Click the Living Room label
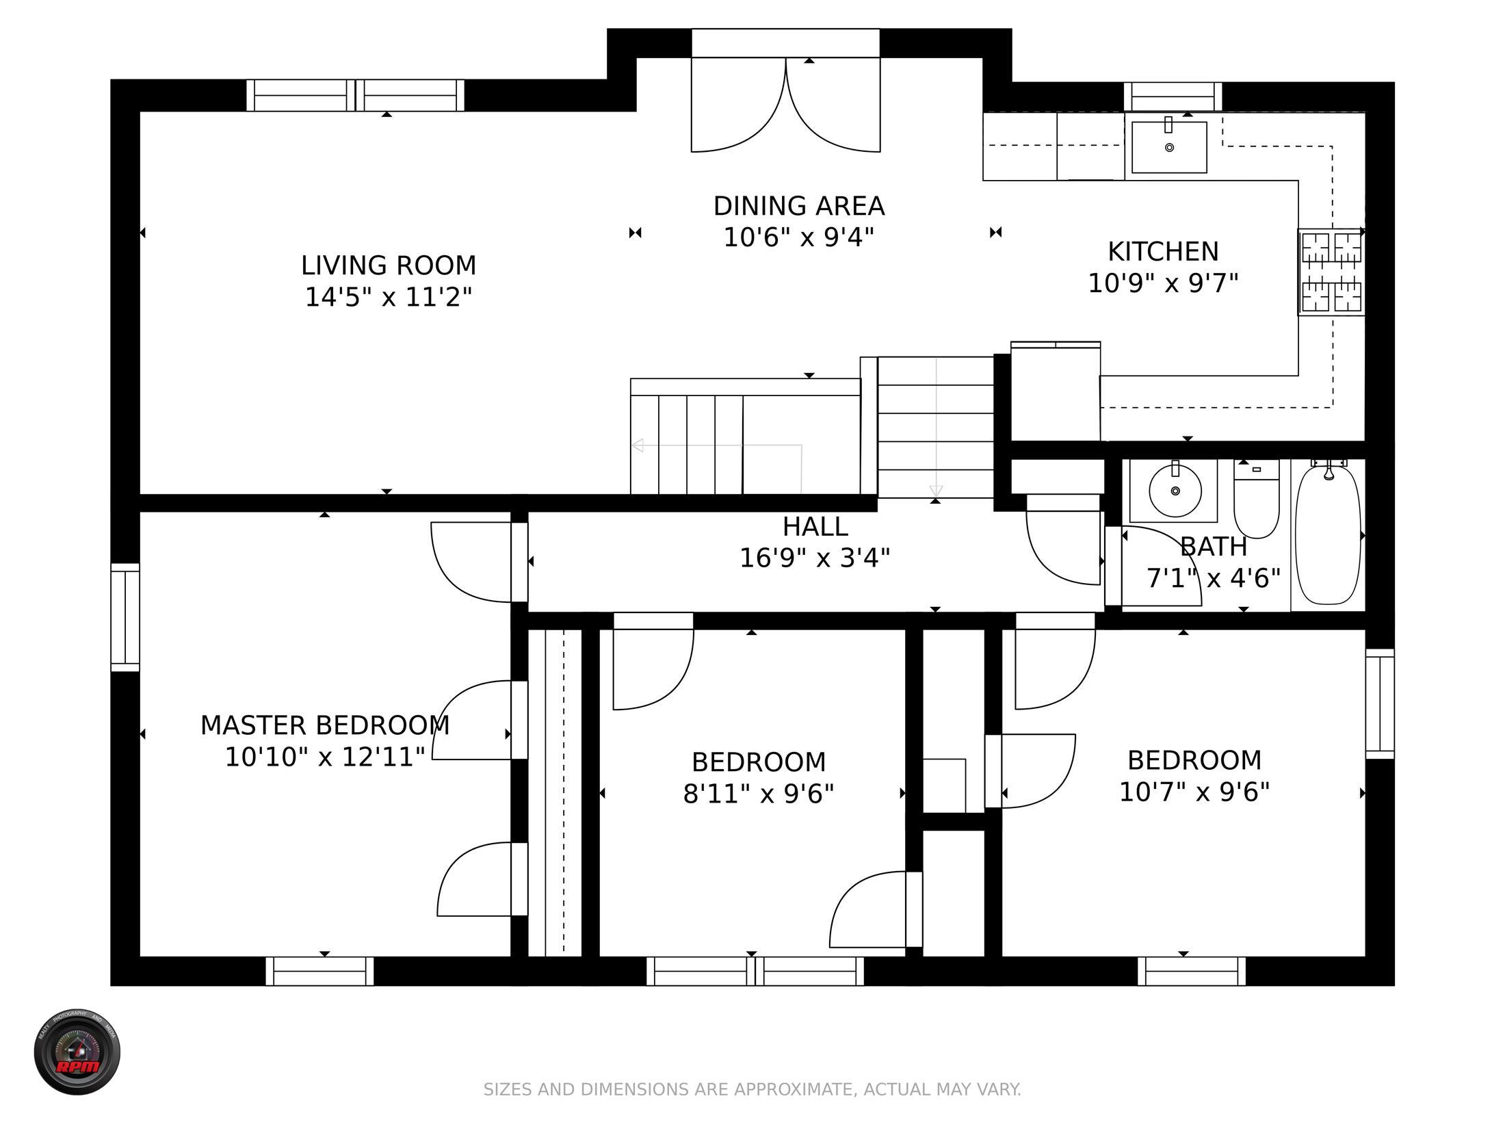point(389,265)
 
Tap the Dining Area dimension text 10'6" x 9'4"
point(799,237)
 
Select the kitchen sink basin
point(1169,147)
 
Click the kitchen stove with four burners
point(1331,272)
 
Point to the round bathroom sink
point(1175,491)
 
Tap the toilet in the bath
point(1257,499)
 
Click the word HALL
point(815,527)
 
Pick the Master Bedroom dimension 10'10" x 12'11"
point(325,757)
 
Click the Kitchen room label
point(1163,252)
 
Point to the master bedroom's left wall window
point(125,617)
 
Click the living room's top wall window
point(355,95)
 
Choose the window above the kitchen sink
point(1173,96)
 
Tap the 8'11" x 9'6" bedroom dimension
point(759,794)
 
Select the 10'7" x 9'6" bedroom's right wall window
point(1380,703)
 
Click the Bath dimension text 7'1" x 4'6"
point(1213,579)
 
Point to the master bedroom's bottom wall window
point(319,971)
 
